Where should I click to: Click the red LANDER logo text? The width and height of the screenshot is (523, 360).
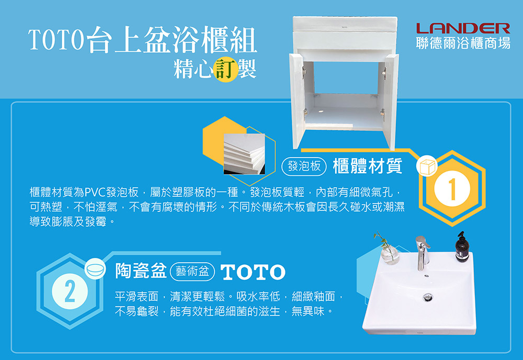coord(463,28)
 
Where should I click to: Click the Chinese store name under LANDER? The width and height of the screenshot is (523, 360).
coord(463,43)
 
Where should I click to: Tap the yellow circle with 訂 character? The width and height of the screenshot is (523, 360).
coord(225,70)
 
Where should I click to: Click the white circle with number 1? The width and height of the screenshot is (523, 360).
coord(452,189)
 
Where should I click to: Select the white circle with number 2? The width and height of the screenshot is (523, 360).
coord(70,291)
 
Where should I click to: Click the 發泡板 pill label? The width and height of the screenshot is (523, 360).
coord(304,166)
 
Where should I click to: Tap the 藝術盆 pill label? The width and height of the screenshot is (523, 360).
coord(192,272)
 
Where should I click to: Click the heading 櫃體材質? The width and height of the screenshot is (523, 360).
coord(367,166)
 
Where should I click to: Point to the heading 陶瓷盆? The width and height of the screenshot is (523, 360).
coord(140,271)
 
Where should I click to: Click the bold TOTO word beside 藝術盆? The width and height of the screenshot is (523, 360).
coord(253,272)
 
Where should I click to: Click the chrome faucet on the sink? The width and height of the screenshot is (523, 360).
coord(422,253)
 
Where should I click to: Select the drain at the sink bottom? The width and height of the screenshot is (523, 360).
coord(428,297)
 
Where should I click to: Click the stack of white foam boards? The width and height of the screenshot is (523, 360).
coord(244,154)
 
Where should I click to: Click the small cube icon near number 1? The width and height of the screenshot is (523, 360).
coord(427,166)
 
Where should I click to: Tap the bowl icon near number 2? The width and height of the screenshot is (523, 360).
coord(95,268)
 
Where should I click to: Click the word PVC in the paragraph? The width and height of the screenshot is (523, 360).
coord(95,193)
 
